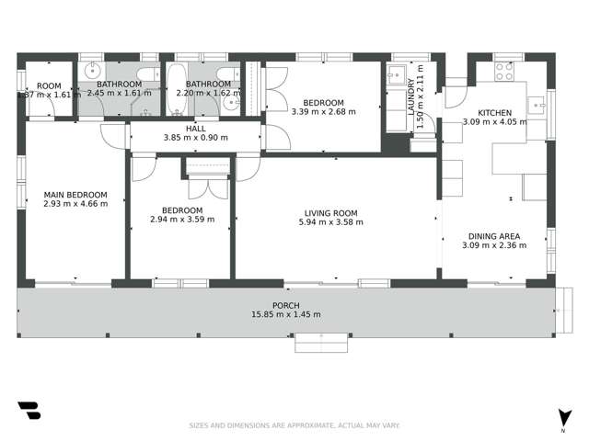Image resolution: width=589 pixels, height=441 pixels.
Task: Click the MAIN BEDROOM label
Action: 75,195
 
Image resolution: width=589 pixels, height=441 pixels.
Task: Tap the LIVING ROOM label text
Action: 331,214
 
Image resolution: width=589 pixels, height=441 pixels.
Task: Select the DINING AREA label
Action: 493,235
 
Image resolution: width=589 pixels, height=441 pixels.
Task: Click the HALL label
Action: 195,129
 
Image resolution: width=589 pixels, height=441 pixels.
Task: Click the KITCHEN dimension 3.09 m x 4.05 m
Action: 494,121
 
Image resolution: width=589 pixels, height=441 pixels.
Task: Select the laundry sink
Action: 397,74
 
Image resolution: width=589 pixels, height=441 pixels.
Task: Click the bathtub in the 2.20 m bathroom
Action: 176,89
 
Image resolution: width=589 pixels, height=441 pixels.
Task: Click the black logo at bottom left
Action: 29,411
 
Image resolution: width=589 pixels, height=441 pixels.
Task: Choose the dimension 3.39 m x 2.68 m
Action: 322,112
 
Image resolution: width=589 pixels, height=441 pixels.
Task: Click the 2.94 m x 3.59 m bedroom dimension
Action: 181,219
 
